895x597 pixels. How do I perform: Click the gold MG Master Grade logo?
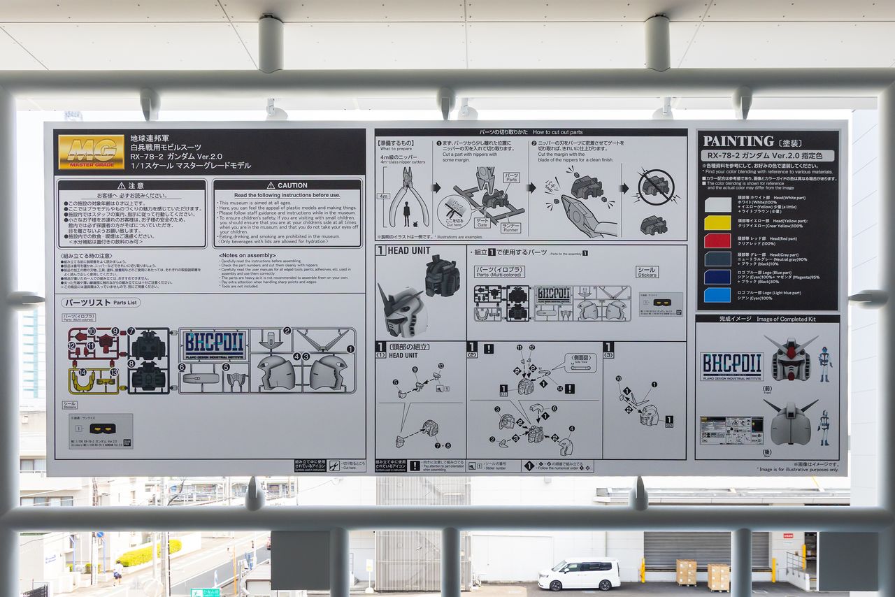tap(91, 152)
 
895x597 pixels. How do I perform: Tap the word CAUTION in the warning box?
tap(292, 185)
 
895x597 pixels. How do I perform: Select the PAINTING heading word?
tap(738, 141)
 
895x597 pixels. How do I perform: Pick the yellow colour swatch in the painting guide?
tap(717, 222)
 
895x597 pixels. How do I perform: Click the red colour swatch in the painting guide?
tap(717, 240)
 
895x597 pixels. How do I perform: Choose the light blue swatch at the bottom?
tap(717, 295)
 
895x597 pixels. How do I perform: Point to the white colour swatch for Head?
tap(717, 204)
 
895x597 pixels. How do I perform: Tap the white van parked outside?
tap(579, 574)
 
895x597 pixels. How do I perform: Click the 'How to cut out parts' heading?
tap(557, 131)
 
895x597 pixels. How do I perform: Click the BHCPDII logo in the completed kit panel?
tap(731, 365)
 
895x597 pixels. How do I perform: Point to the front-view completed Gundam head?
tap(791, 359)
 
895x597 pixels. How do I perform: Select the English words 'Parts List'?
tap(127, 303)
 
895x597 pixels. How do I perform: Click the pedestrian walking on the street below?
tap(117, 573)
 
